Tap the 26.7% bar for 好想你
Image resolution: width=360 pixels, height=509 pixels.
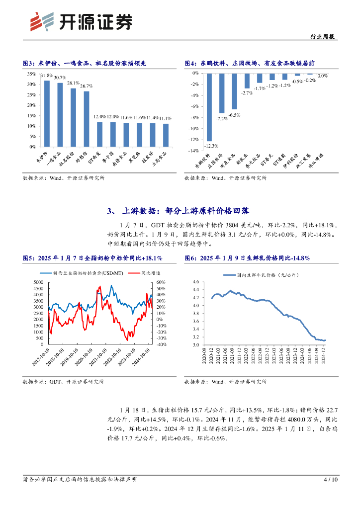tap(87, 119)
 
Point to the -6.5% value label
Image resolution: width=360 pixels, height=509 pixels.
tap(234, 115)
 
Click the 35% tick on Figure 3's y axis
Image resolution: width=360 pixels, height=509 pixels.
tap(31, 74)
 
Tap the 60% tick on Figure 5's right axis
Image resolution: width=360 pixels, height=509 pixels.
tap(160, 282)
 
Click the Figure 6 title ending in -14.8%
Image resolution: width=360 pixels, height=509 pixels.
tap(247, 258)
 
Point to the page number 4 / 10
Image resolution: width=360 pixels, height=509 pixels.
tap(330, 480)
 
